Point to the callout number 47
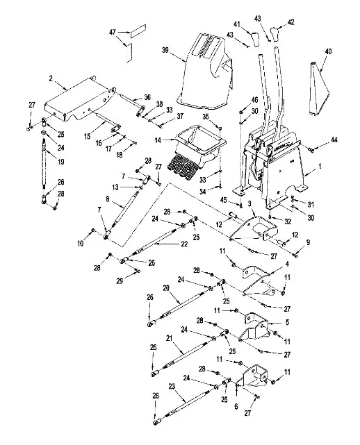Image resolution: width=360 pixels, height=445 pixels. click(x=111, y=32)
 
